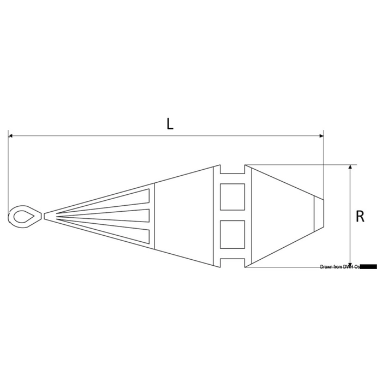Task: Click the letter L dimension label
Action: [170, 124]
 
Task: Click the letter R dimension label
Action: [360, 217]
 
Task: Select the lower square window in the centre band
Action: [232, 234]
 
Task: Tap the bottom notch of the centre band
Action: [232, 261]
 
